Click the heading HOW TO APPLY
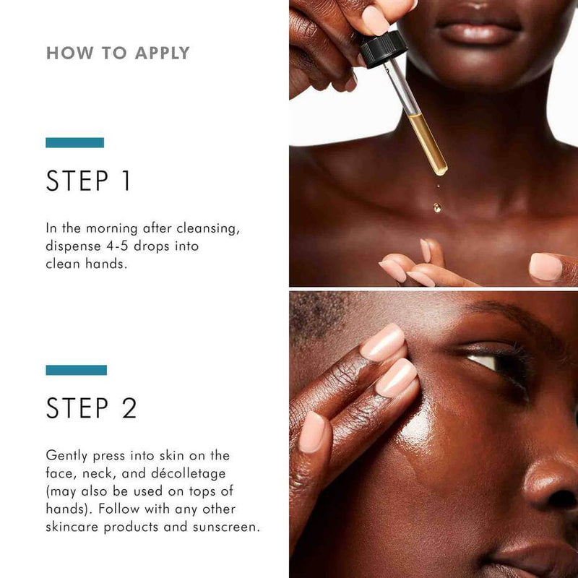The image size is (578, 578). pyautogui.click(x=118, y=53)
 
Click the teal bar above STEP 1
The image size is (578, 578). pyautogui.click(x=74, y=142)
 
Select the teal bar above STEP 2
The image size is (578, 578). pyautogui.click(x=76, y=370)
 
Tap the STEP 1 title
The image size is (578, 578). pyautogui.click(x=89, y=181)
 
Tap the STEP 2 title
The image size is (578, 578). pyautogui.click(x=91, y=408)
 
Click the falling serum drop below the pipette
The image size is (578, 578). pyautogui.click(x=437, y=207)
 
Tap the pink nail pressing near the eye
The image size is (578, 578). pyautogui.click(x=383, y=342)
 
